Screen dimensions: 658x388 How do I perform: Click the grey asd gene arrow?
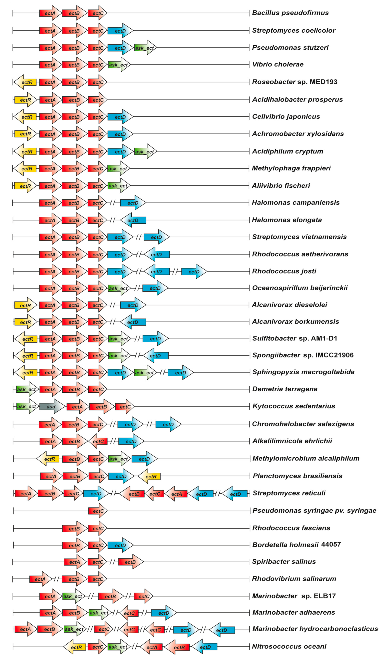tap(52, 407)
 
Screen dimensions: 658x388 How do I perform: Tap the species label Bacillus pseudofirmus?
tap(290, 13)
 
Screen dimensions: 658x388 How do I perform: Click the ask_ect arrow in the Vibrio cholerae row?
tap(119, 65)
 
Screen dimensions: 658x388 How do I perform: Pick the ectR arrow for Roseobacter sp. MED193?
tap(26, 82)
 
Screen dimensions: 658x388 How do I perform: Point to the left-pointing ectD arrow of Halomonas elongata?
tap(133, 220)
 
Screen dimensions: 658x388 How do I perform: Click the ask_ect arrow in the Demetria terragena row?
tap(27, 389)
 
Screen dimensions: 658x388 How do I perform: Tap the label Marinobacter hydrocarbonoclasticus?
tap(315, 629)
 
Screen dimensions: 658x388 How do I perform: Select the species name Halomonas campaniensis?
tap(295, 202)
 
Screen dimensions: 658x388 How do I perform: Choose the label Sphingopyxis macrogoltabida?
tap(303, 372)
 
